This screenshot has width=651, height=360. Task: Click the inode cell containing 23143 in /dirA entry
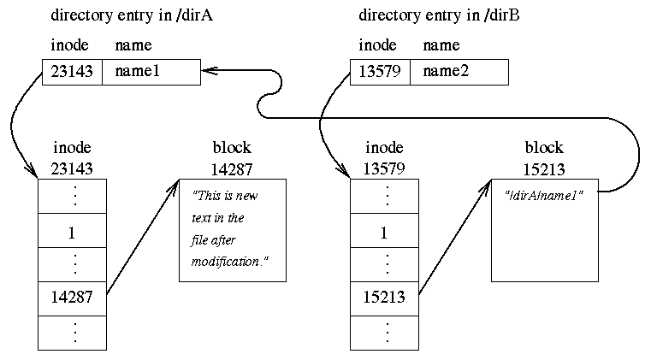[72, 73]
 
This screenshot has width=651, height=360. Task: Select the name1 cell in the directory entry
[151, 73]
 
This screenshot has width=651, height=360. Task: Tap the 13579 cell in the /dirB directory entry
[380, 73]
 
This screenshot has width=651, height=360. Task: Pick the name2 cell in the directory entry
[459, 73]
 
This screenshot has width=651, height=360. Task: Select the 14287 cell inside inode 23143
[72, 299]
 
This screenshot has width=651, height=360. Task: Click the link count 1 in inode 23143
[72, 231]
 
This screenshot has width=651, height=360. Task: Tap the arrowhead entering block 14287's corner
[175, 183]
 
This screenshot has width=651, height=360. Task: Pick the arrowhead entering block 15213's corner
[487, 183]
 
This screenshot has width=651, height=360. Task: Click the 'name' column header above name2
[441, 45]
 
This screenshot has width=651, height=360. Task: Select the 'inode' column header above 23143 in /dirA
[69, 45]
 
